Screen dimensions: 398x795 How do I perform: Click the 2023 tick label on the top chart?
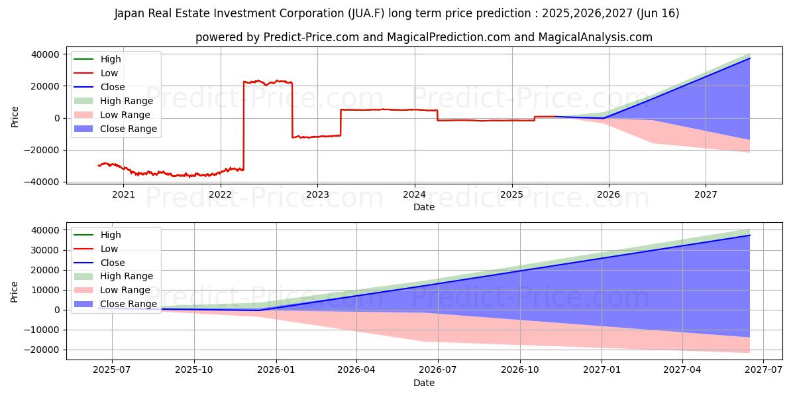(x=317, y=194)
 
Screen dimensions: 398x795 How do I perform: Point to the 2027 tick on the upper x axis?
(x=706, y=194)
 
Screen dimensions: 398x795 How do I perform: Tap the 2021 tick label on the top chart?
(x=123, y=194)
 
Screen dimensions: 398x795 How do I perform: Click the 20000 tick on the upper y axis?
(x=46, y=86)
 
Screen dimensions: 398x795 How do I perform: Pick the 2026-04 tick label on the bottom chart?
(x=356, y=370)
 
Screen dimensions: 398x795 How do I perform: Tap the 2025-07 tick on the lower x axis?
(x=112, y=370)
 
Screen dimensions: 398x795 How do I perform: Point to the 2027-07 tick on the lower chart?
(x=764, y=370)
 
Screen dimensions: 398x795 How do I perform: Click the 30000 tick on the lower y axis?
(x=46, y=250)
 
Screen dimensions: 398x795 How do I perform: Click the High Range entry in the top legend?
(x=127, y=101)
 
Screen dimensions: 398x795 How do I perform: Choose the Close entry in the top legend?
(x=113, y=87)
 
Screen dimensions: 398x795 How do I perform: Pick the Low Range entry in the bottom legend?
(x=125, y=290)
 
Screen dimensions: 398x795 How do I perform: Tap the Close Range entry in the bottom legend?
(x=129, y=304)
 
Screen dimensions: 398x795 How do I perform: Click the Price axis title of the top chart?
(x=15, y=116)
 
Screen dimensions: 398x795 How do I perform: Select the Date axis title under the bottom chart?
(x=424, y=383)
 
